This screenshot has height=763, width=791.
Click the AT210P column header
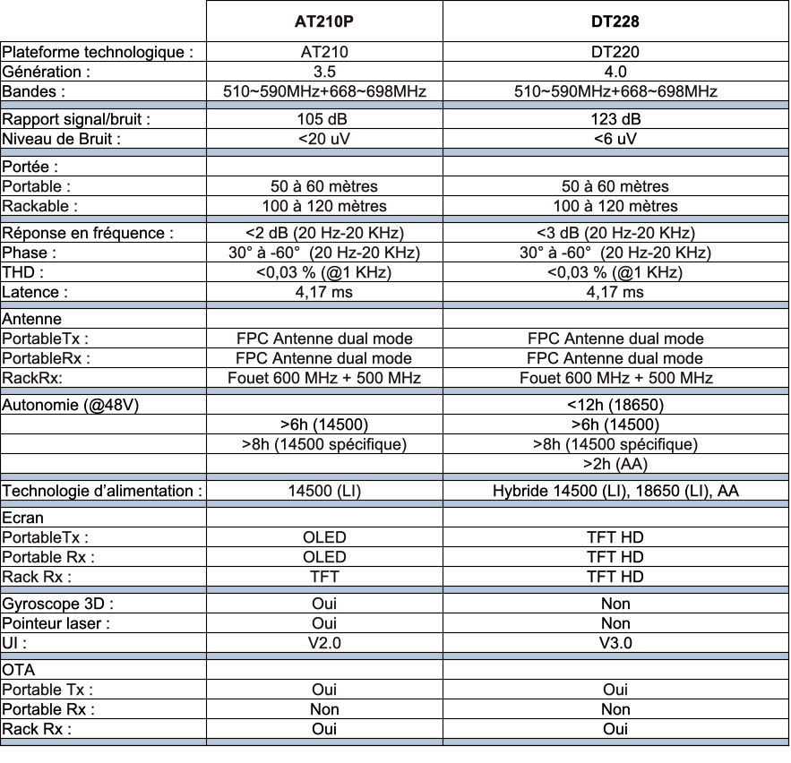[x=324, y=21]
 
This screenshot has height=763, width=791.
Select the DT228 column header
[x=615, y=21]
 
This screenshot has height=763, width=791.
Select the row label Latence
[x=36, y=291]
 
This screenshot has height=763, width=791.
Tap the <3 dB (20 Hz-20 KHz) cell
[x=615, y=234]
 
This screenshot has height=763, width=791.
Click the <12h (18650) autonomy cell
[x=615, y=403]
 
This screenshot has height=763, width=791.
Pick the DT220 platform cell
[x=615, y=53]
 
